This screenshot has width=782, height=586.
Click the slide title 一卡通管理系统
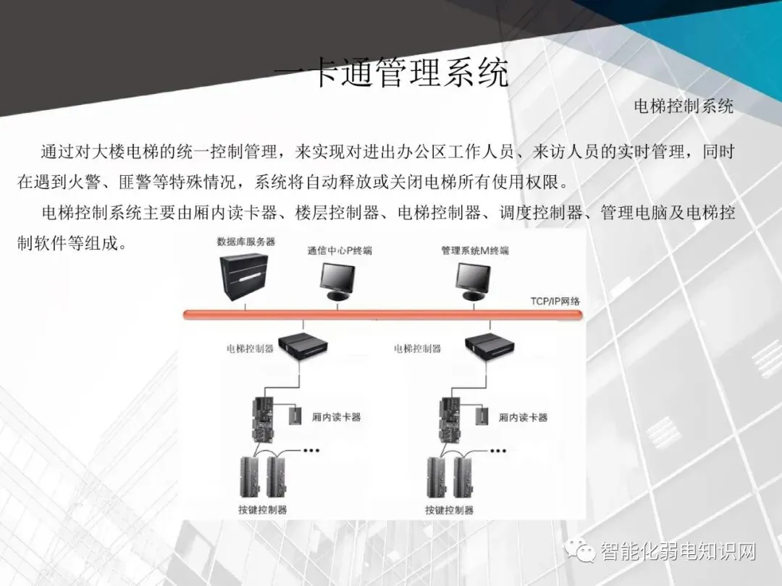pyautogui.click(x=392, y=75)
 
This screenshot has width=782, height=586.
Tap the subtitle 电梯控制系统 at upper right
pyautogui.click(x=684, y=106)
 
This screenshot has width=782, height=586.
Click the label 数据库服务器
pyautogui.click(x=246, y=242)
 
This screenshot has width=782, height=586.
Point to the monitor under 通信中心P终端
pyautogui.click(x=338, y=281)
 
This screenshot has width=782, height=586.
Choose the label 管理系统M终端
pyautogui.click(x=475, y=251)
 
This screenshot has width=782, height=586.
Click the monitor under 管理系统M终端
pyautogui.click(x=475, y=281)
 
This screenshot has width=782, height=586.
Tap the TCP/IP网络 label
pyautogui.click(x=555, y=302)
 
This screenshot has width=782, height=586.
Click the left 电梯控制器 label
pyautogui.click(x=250, y=349)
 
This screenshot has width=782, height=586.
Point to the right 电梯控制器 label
pyautogui.click(x=417, y=349)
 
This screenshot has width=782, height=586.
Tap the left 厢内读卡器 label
pyautogui.click(x=336, y=417)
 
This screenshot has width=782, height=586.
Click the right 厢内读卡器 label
pyautogui.click(x=523, y=417)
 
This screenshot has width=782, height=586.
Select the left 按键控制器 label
pyautogui.click(x=263, y=509)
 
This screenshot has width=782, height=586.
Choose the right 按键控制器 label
pyautogui.click(x=450, y=509)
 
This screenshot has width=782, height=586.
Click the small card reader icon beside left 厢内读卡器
pyautogui.click(x=295, y=416)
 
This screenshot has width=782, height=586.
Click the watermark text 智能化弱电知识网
pyautogui.click(x=678, y=553)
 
